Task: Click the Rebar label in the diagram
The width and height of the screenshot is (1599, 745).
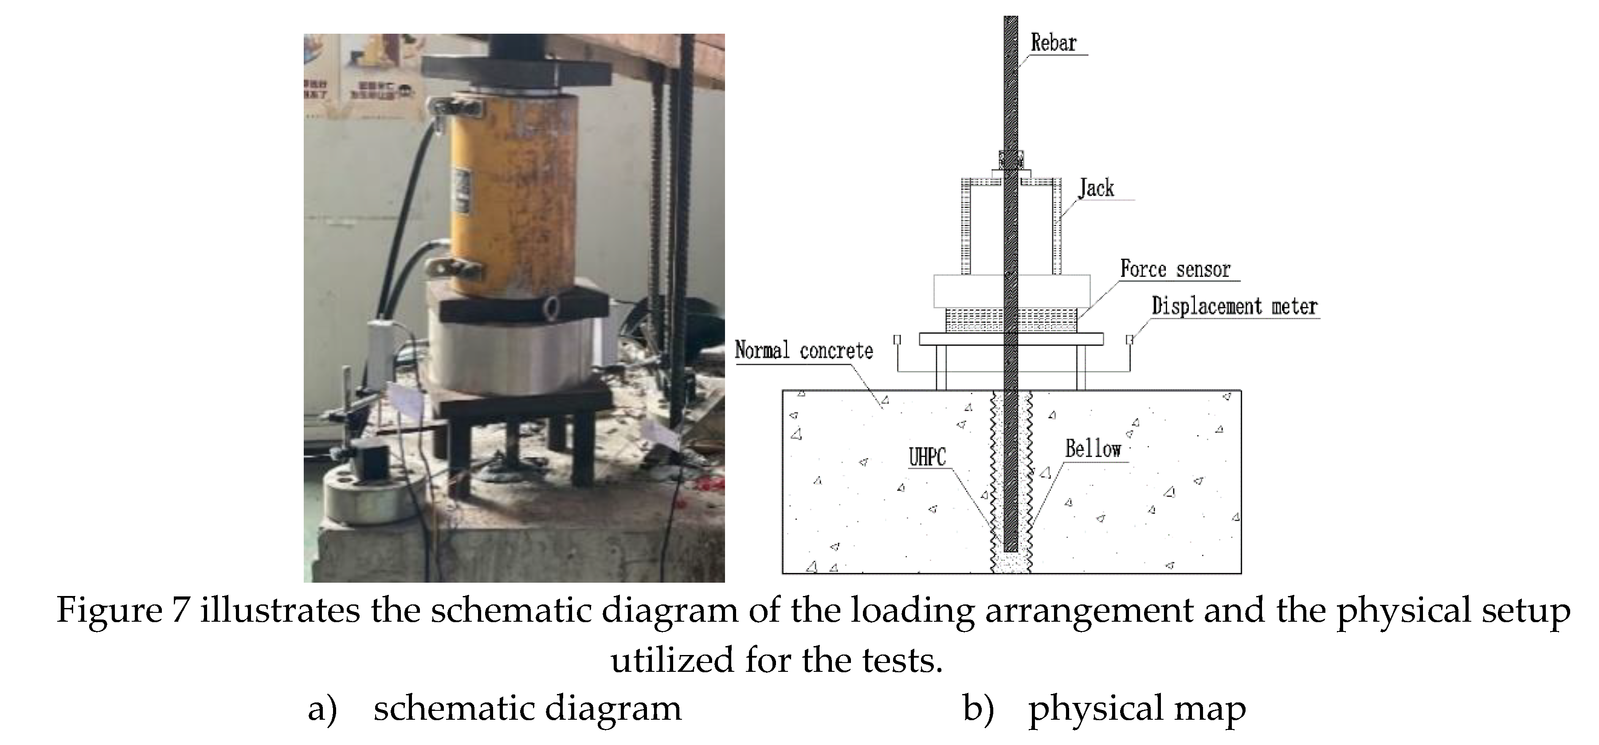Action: click(x=1054, y=43)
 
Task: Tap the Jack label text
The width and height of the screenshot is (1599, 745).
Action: click(x=1096, y=188)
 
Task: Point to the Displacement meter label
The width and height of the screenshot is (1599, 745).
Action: click(x=1234, y=306)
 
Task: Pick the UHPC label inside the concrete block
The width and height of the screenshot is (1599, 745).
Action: click(x=927, y=458)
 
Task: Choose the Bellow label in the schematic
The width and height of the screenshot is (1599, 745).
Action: click(x=1093, y=449)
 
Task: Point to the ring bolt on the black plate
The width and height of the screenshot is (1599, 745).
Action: click(x=552, y=306)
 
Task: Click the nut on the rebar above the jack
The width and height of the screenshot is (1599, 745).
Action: click(x=1011, y=160)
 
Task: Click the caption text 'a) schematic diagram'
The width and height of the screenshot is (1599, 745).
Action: click(x=495, y=708)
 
